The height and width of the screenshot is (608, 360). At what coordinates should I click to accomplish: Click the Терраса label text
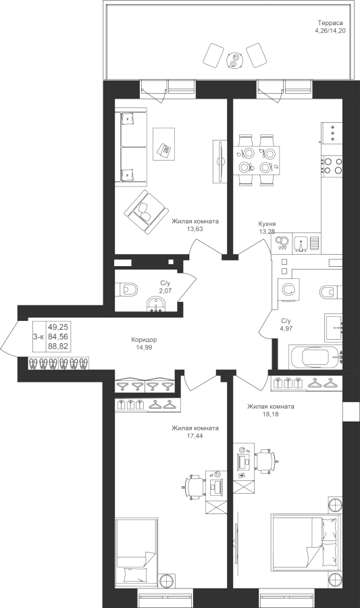pos(330,22)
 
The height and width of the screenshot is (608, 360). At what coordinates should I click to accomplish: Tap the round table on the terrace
pos(234,60)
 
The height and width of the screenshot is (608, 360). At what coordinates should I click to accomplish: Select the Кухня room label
pos(267,224)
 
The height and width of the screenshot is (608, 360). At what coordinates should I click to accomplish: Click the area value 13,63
pos(195,229)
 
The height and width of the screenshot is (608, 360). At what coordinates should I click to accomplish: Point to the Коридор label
pos(144,340)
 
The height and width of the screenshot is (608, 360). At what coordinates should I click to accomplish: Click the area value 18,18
pos(270,414)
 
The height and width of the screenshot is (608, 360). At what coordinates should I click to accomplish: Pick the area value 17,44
pos(195,436)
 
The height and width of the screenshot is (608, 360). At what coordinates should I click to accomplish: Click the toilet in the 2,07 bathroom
pos(127,289)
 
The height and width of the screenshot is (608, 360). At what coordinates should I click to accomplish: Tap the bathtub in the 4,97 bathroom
pos(315,356)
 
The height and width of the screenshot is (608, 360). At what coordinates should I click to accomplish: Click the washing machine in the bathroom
pos(288,290)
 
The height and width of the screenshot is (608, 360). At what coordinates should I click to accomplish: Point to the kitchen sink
pos(301,243)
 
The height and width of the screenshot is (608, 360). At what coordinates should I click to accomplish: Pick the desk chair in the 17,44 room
pos(194,486)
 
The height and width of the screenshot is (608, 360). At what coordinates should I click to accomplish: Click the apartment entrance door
pos(9,337)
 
